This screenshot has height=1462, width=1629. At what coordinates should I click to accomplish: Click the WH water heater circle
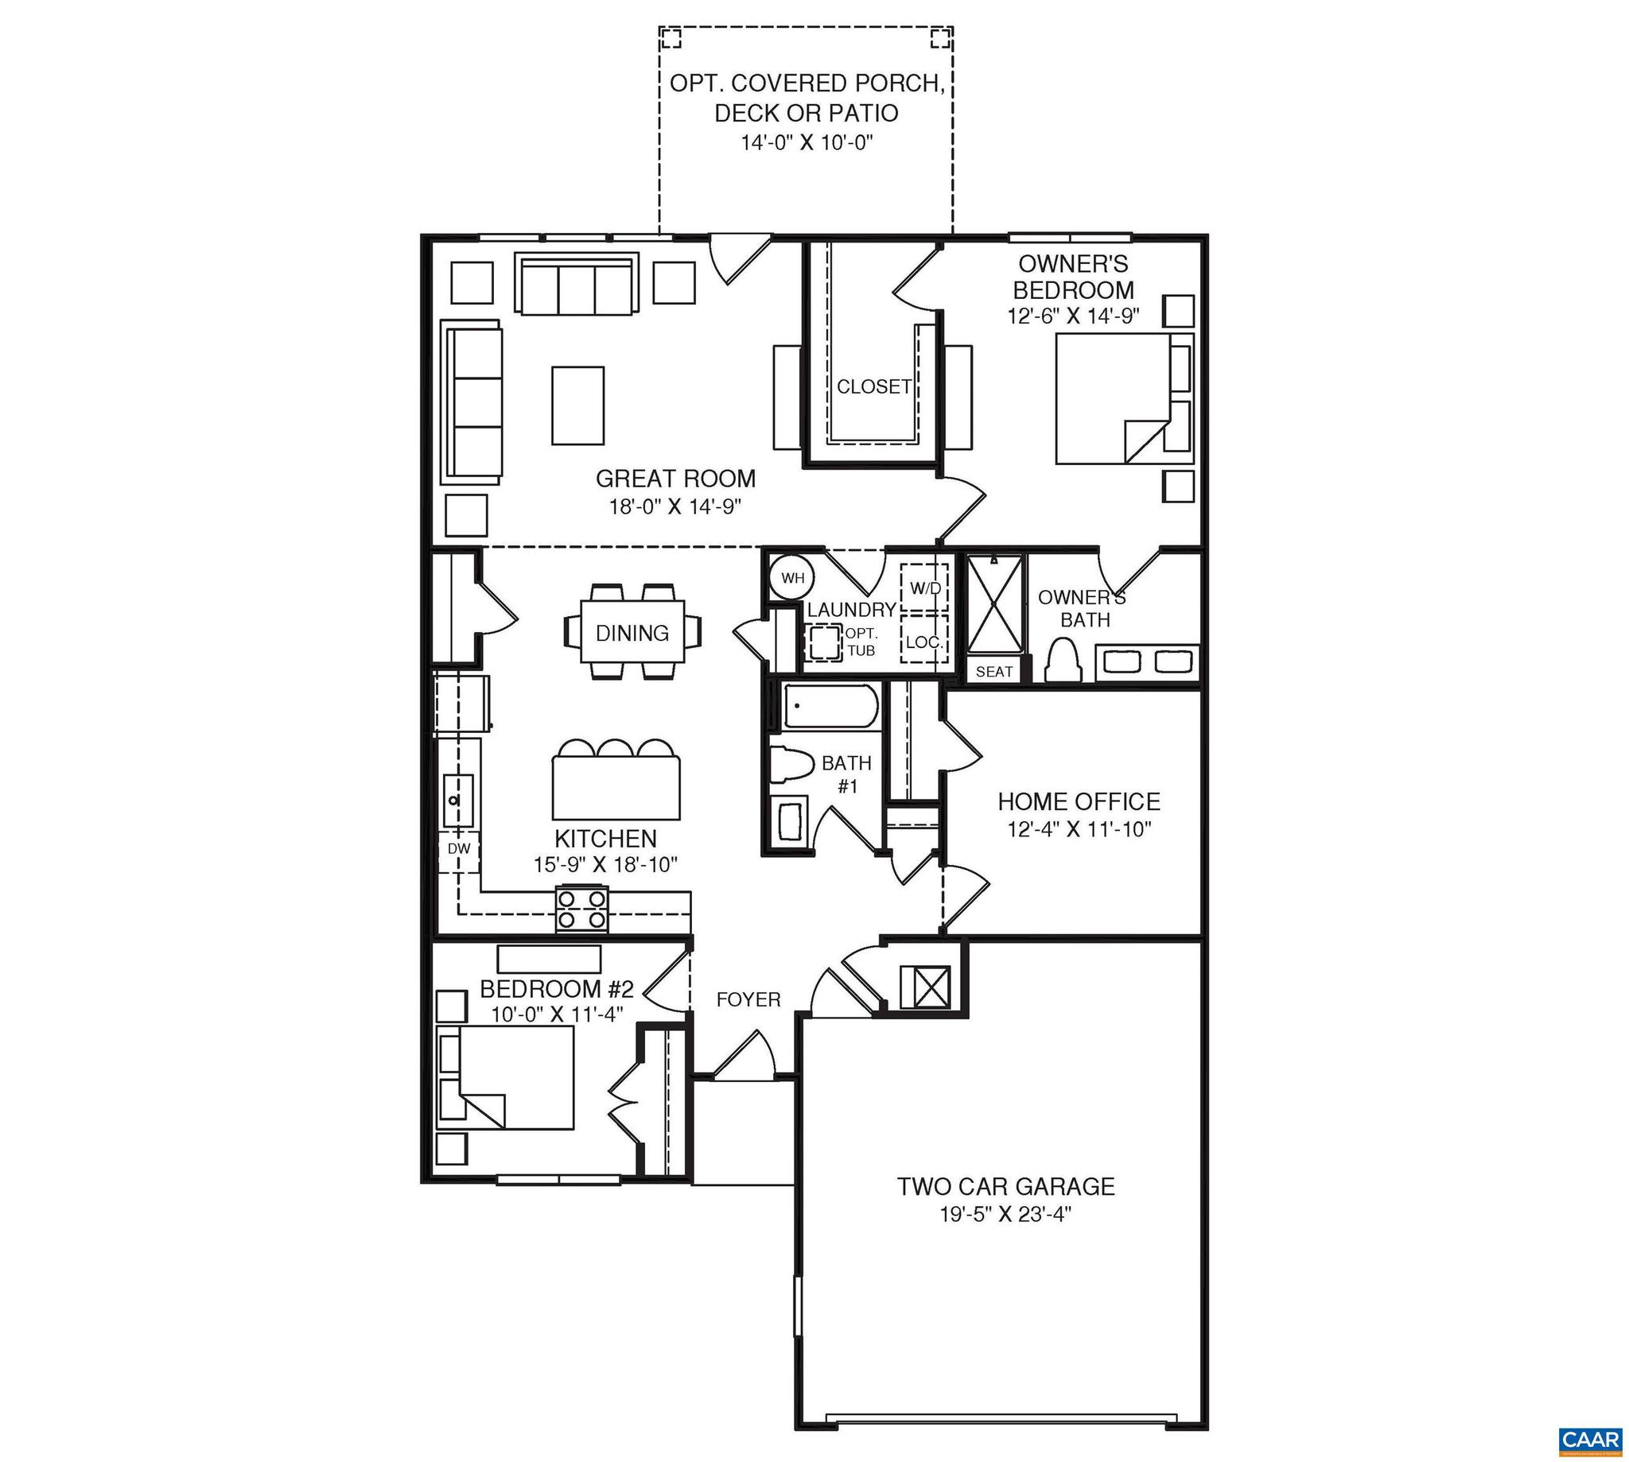[x=791, y=578]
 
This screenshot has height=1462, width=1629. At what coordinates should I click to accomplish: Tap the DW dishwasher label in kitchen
[x=458, y=848]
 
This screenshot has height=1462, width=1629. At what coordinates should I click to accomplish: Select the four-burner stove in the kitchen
[x=582, y=909]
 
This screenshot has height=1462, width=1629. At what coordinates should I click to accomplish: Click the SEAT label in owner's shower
[x=994, y=672]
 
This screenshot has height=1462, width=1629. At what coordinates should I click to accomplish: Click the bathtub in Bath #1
[x=830, y=706]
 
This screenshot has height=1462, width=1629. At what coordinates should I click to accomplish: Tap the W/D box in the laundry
[x=924, y=589]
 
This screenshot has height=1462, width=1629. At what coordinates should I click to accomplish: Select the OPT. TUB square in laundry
[x=822, y=642]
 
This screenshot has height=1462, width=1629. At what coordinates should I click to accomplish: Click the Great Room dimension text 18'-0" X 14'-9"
[x=675, y=507]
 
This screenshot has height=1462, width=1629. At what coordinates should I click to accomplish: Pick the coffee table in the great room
[x=577, y=405]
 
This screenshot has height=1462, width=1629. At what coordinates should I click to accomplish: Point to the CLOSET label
[x=873, y=387]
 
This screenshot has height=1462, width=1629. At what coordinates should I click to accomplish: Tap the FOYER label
[x=748, y=999]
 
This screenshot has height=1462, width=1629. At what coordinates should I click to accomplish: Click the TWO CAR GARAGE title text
[x=1006, y=1186]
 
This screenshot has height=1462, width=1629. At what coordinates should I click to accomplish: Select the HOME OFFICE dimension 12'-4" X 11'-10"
[x=1079, y=829]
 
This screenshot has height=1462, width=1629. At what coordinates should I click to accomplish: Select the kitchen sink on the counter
[x=458, y=800]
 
